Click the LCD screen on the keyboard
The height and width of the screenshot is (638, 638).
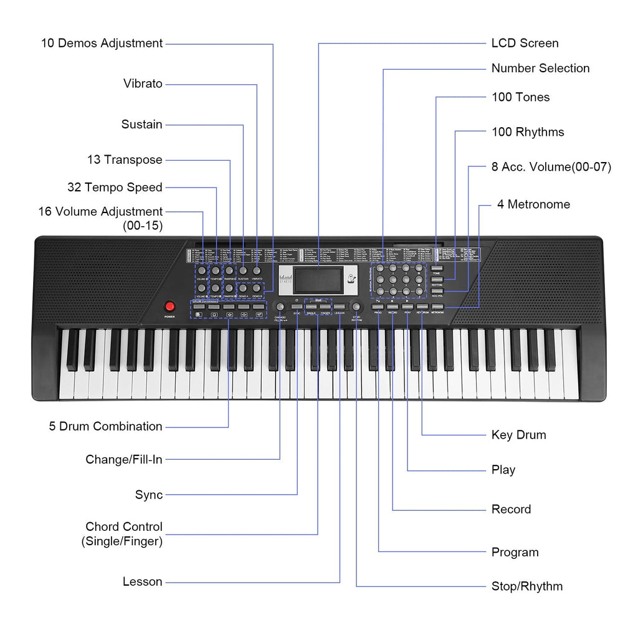click(x=318, y=280)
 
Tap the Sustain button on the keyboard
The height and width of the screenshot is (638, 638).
click(x=243, y=271)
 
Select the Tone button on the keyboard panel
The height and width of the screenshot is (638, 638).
click(x=437, y=268)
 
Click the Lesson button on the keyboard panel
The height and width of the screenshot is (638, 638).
click(x=340, y=307)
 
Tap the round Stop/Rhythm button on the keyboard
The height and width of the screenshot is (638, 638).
click(x=356, y=307)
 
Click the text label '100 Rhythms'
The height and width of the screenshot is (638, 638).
click(x=527, y=131)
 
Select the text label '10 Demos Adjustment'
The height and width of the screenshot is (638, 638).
click(x=102, y=44)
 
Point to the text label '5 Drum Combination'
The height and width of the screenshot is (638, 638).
click(x=105, y=427)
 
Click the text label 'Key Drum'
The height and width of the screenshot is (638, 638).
click(x=518, y=435)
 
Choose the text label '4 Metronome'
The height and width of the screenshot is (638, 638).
click(x=533, y=204)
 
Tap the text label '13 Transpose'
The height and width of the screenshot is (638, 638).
click(x=125, y=160)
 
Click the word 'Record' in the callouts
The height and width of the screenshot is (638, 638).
click(x=511, y=510)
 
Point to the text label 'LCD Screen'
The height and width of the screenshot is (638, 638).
click(x=525, y=44)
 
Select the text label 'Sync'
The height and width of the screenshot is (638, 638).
click(x=149, y=495)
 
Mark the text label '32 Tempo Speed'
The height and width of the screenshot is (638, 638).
click(x=115, y=188)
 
